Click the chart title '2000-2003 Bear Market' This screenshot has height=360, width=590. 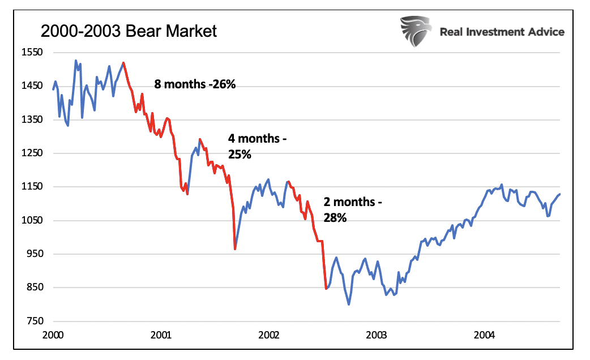click(x=129, y=31)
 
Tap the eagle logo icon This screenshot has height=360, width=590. click(x=416, y=31)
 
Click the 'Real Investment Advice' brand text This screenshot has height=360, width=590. click(x=502, y=32)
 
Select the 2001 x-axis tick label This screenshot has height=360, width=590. click(x=161, y=335)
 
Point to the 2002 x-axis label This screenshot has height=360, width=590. click(x=268, y=335)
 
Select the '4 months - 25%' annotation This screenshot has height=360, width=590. click(x=253, y=146)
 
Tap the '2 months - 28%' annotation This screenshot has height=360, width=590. click(x=349, y=209)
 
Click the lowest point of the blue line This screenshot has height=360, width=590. click(x=349, y=305)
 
